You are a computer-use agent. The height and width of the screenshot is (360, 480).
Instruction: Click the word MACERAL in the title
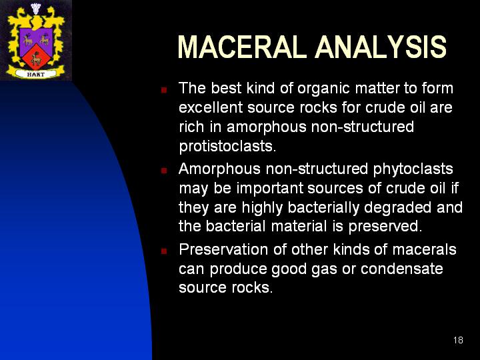tap(242, 47)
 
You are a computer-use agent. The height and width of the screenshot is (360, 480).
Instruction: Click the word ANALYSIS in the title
tap(381, 47)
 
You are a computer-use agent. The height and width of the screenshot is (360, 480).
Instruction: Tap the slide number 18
tap(458, 340)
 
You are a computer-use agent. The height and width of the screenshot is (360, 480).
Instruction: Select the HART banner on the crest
tap(36, 74)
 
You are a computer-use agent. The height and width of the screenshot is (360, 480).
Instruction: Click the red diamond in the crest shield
tap(36, 57)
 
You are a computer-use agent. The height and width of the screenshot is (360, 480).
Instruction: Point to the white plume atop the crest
tap(36, 8)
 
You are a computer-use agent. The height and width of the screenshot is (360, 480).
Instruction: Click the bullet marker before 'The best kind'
tap(164, 90)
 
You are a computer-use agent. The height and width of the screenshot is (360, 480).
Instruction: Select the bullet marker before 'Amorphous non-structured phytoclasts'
tap(164, 171)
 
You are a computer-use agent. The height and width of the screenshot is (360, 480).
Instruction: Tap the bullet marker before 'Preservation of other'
tap(164, 251)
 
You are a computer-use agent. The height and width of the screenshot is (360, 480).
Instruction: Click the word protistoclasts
tap(227, 146)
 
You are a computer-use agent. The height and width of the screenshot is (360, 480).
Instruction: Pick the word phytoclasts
tap(413, 169)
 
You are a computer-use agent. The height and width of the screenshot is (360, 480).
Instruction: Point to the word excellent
tap(211, 107)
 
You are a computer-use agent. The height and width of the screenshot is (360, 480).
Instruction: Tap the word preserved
tap(385, 227)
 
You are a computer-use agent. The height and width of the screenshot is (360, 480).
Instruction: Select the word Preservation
tap(223, 249)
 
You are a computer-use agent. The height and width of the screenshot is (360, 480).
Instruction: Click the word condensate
tap(401, 269)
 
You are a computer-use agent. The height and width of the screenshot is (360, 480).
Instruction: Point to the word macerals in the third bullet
tap(424, 249)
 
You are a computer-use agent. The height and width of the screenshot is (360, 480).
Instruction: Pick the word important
tap(270, 189)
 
